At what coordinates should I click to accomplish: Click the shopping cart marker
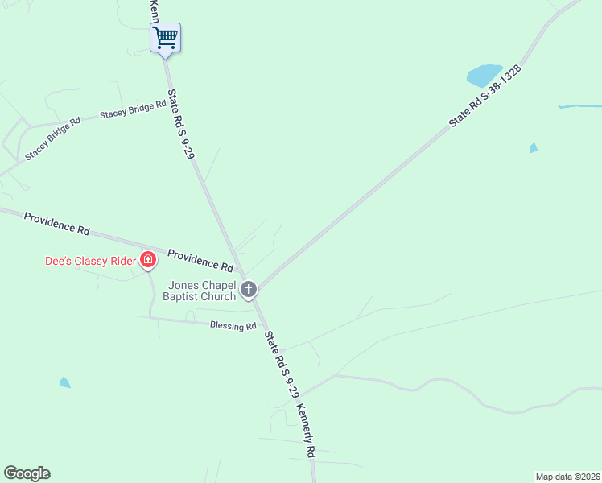165,37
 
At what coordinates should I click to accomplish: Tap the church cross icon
249,289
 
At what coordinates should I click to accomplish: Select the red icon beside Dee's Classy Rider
148,259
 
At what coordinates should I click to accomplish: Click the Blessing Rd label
233,326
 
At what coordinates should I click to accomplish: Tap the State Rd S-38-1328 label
485,96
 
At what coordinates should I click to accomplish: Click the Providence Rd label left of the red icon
56,223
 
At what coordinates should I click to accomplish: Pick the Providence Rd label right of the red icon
200,259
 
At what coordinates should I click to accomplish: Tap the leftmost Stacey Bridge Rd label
53,139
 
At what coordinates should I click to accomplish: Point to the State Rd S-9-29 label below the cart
181,125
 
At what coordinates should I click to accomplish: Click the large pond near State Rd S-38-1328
484,75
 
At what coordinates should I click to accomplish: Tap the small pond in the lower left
64,382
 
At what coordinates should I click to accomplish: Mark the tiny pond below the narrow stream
533,148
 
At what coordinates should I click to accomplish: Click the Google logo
27,473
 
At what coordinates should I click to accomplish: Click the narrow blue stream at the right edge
579,106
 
